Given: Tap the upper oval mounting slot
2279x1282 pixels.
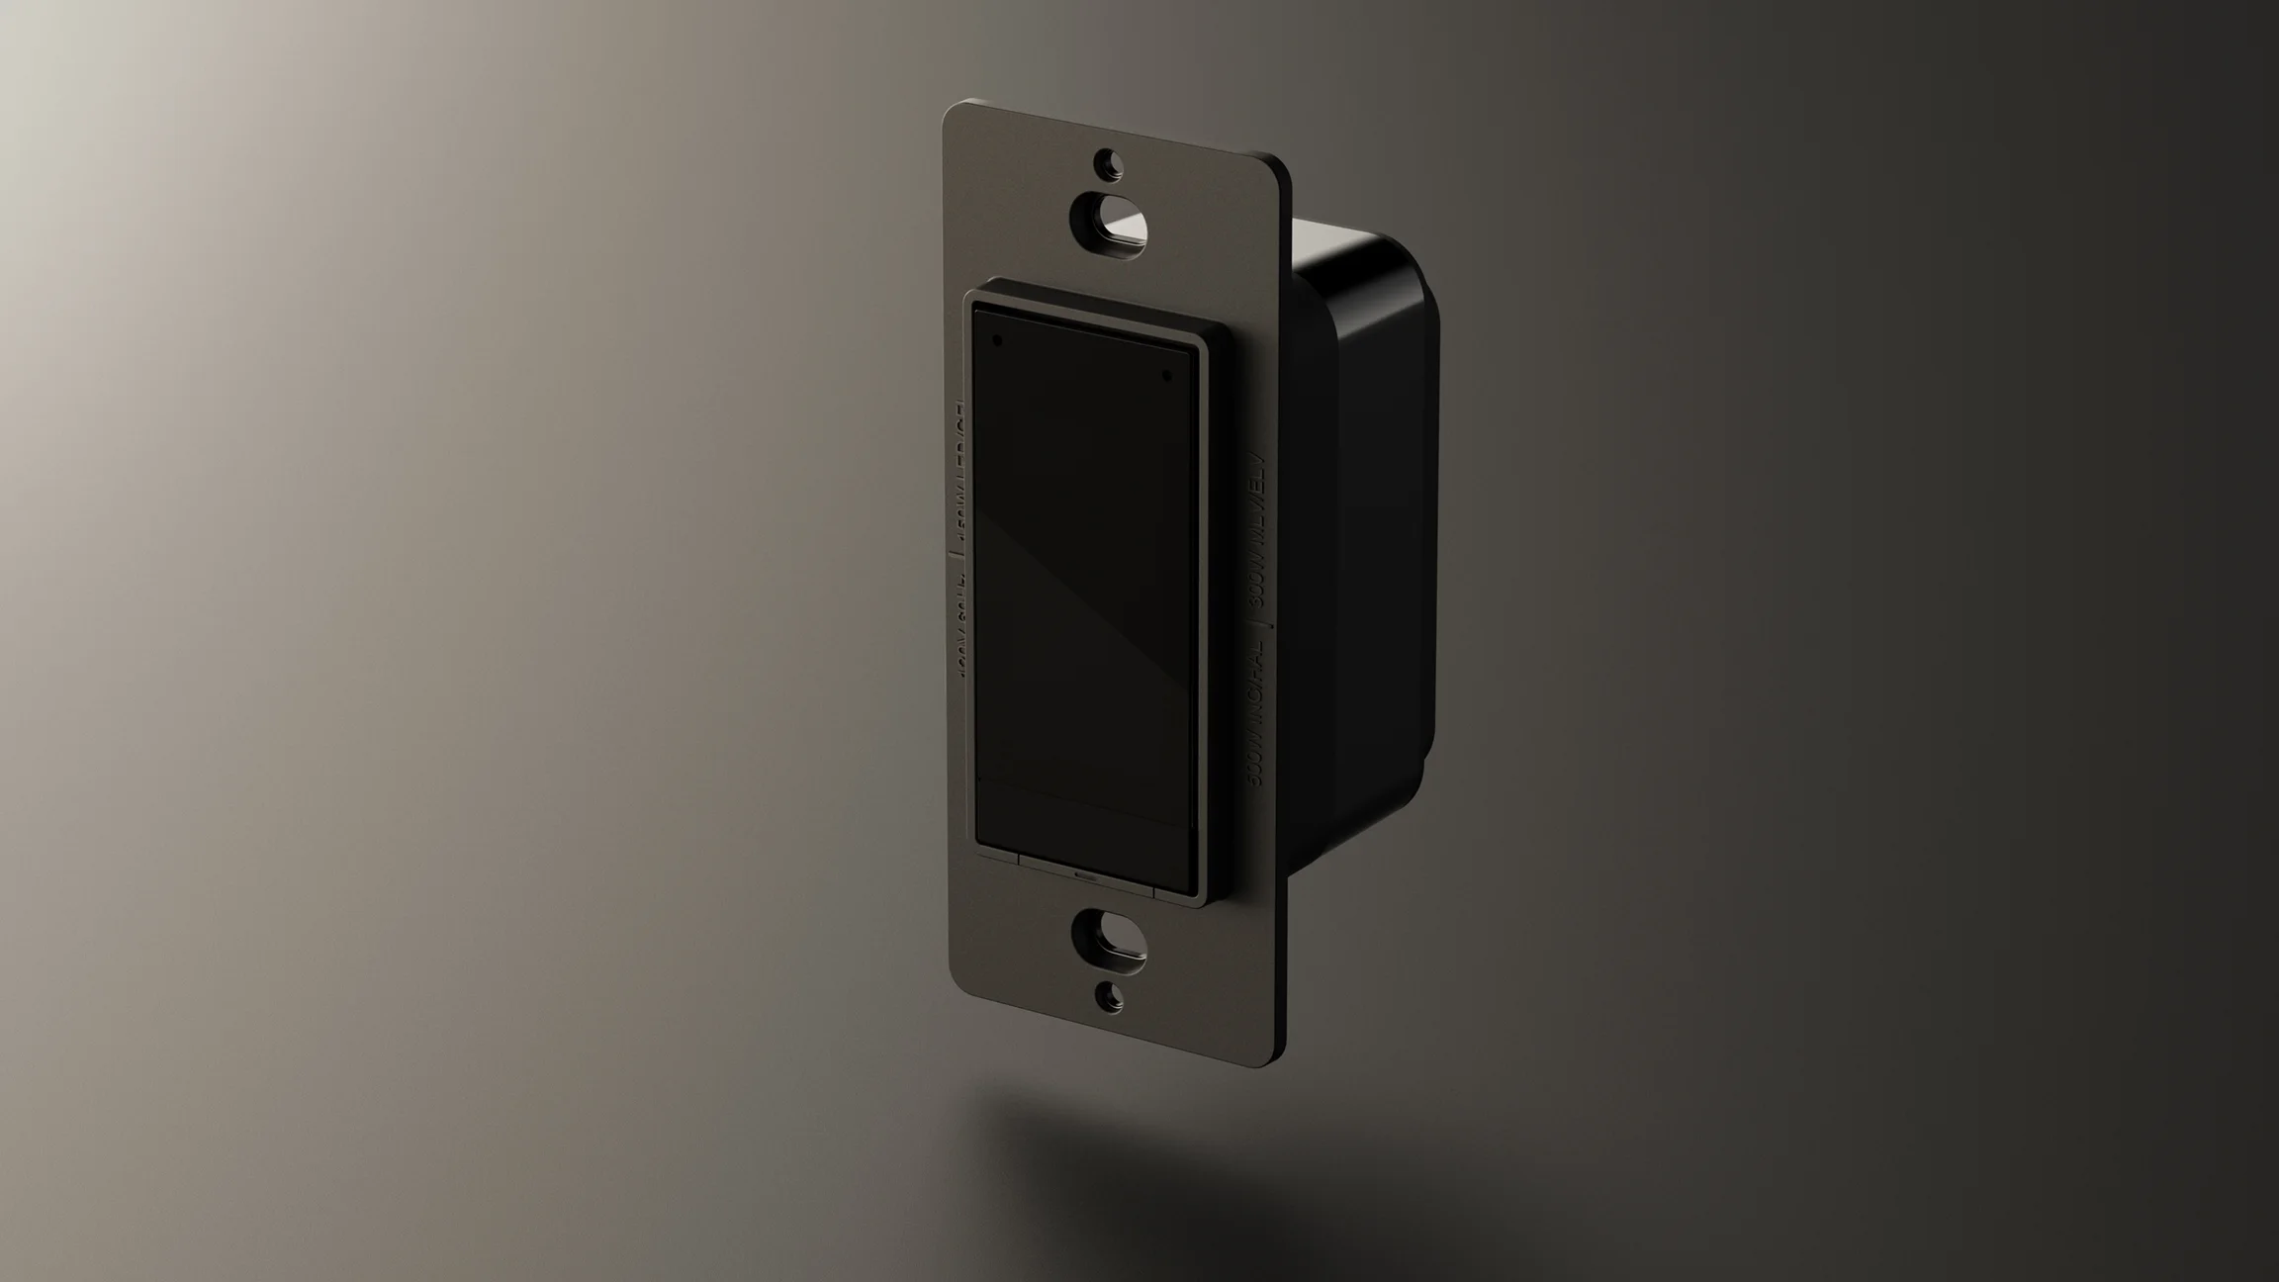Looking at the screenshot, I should (x=1112, y=221).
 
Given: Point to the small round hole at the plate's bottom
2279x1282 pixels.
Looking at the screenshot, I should (x=1110, y=996).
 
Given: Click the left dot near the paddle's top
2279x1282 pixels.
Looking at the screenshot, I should (x=997, y=340).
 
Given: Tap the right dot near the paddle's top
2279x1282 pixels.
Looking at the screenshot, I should (x=1167, y=376).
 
